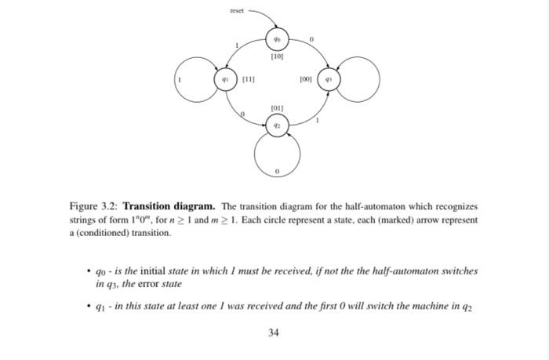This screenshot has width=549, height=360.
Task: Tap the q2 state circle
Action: (276, 125)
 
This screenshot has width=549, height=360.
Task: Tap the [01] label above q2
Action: (276, 108)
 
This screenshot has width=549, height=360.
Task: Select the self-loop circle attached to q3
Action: (359, 81)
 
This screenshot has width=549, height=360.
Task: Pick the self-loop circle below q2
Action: (276, 155)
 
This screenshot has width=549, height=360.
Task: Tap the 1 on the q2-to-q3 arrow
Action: (318, 120)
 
